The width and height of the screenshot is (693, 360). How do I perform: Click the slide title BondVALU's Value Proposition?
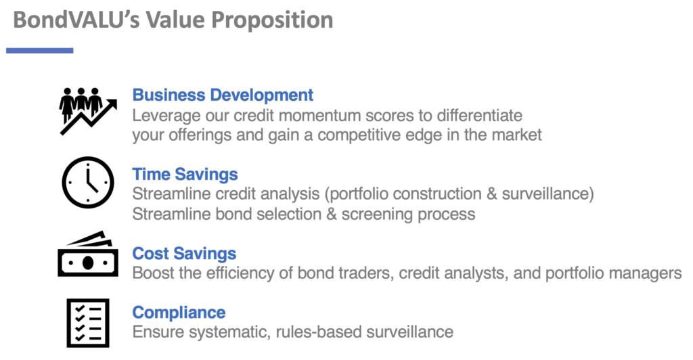tap(173, 20)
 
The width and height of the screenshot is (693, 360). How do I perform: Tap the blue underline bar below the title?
tap(40, 50)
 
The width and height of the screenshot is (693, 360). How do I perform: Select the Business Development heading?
tap(223, 95)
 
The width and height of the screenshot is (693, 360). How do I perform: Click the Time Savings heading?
tap(185, 174)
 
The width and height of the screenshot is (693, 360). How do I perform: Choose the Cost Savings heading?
tap(184, 254)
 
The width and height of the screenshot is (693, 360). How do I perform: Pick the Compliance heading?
tap(179, 312)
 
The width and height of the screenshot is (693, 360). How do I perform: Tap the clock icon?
tap(86, 183)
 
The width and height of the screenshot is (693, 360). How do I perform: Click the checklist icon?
tap(87, 322)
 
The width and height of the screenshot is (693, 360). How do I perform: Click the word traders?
tap(366, 273)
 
